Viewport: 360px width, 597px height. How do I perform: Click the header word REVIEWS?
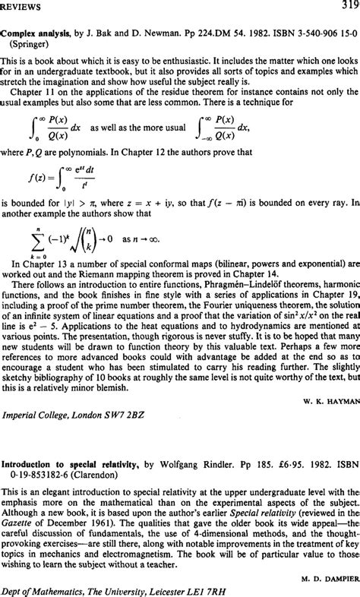pos(24,7)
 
